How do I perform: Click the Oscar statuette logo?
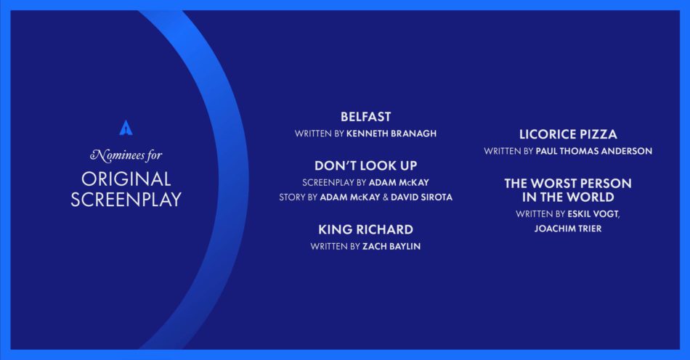126,128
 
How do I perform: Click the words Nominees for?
126,155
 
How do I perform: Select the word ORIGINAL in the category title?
126,179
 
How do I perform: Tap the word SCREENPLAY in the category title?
126,200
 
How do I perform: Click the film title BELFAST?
365,117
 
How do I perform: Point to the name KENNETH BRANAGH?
391,134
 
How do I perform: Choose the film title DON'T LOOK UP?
365,165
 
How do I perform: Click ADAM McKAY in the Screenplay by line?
399,182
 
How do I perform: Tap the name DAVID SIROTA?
421,197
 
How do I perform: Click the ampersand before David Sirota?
386,197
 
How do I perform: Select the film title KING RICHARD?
365,229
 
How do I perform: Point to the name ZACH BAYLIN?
391,247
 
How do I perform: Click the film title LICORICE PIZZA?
568,134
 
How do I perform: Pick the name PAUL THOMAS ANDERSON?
593,151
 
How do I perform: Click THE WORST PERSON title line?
568,184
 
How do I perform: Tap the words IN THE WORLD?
568,197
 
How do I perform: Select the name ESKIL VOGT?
593,214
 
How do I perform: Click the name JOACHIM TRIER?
568,229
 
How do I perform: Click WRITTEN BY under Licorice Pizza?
508,151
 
